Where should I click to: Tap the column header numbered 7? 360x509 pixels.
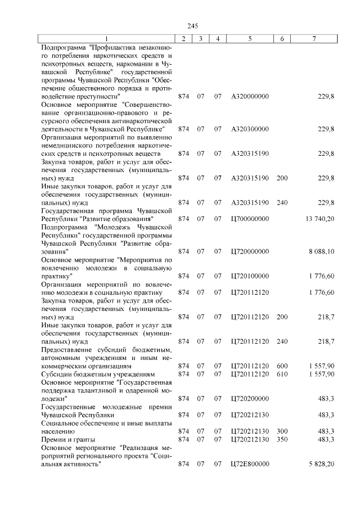click(314, 39)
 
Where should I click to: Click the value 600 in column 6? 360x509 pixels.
click(282, 366)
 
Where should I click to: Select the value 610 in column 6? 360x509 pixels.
click(282, 373)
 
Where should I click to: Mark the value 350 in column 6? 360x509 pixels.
click(282, 439)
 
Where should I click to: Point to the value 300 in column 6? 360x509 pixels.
click(282, 431)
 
